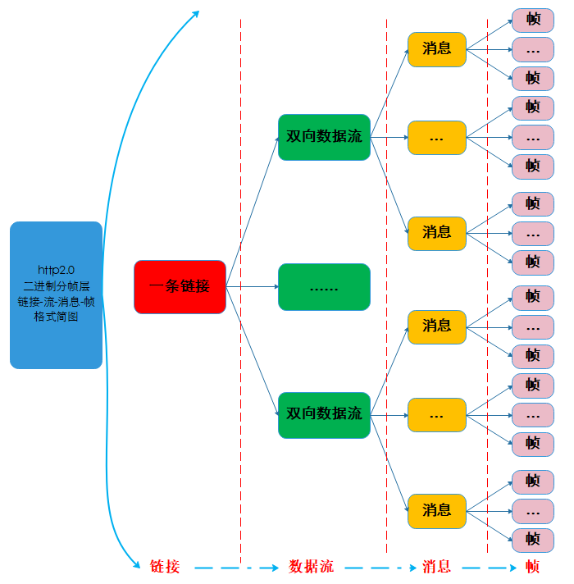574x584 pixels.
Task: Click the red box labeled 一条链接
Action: click(x=180, y=287)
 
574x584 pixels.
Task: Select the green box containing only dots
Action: click(x=324, y=287)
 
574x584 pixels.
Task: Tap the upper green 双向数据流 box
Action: click(x=324, y=137)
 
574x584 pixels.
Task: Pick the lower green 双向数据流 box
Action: click(x=324, y=414)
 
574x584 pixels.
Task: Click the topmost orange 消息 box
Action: click(x=436, y=49)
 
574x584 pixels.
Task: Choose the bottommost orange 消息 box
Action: click(x=436, y=510)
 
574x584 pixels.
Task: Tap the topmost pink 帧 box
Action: click(x=533, y=20)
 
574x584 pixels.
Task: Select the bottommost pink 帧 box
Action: click(x=533, y=539)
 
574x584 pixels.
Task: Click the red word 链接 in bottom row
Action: click(x=165, y=567)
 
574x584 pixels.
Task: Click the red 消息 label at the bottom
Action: click(x=436, y=567)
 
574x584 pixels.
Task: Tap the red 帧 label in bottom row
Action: click(x=532, y=567)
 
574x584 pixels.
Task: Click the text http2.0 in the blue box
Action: click(x=56, y=269)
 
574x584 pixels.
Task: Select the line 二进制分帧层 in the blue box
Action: click(x=56, y=285)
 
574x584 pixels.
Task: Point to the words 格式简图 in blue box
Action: click(x=56, y=317)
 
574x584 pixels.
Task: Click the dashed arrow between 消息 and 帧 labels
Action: click(x=488, y=567)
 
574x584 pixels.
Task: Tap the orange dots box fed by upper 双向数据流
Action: click(x=436, y=138)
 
